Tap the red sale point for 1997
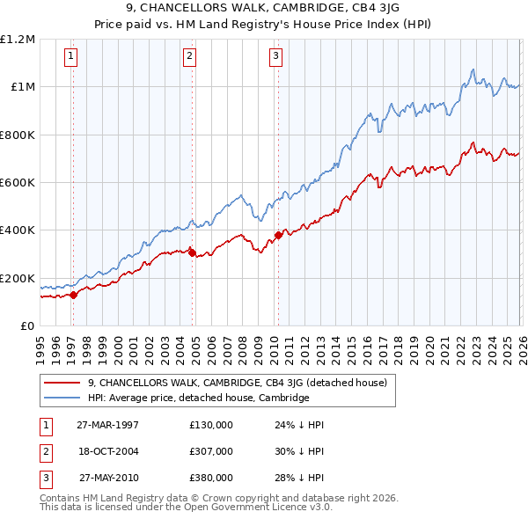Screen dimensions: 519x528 tap(74, 295)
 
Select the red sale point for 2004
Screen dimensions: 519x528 tap(192, 252)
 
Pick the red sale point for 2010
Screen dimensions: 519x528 tap(278, 235)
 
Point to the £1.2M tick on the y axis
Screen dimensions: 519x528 tap(18, 40)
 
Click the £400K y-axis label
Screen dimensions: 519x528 tap(18, 230)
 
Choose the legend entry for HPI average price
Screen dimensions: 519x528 tap(198, 398)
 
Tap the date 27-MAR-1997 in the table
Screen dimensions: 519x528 tap(108, 425)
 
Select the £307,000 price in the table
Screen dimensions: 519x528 tap(211, 451)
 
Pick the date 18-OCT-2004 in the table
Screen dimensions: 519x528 tap(108, 451)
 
